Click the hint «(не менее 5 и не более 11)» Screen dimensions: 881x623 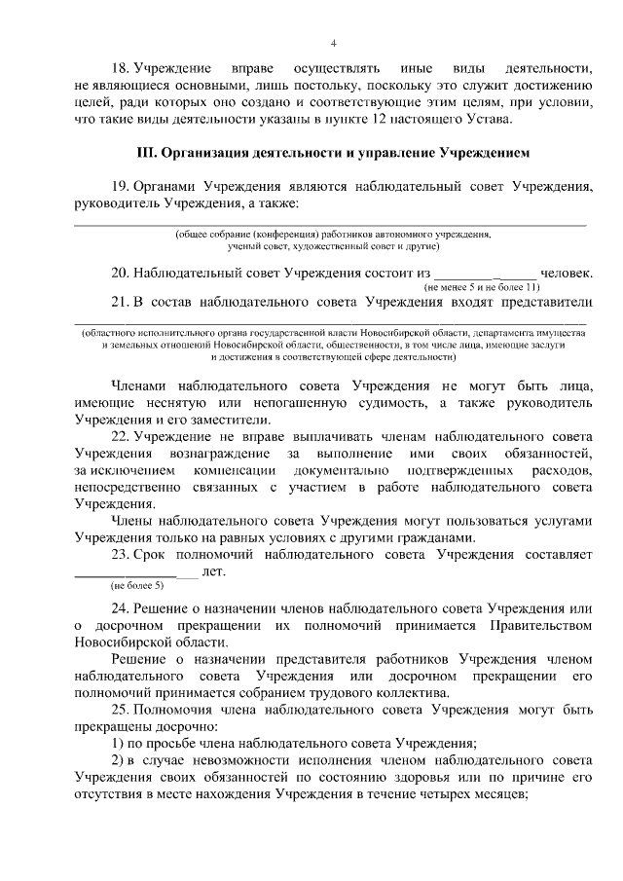[481, 288]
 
